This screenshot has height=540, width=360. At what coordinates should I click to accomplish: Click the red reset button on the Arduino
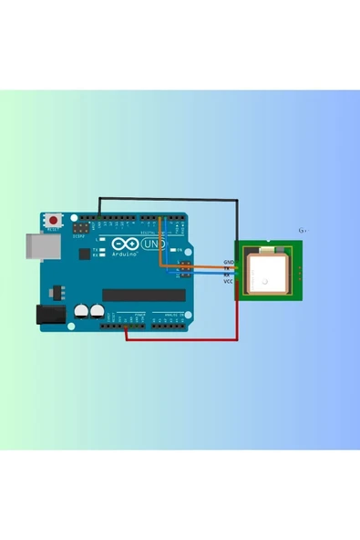coord(56,220)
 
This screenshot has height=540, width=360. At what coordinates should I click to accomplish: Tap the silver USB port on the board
coord(36,244)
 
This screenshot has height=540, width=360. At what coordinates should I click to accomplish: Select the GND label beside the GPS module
coord(228,262)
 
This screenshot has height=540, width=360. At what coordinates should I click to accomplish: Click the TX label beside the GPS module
coord(228,268)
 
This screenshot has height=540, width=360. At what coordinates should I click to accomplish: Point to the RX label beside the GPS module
coord(228,275)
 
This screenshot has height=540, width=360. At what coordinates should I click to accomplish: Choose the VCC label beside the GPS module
coord(228,281)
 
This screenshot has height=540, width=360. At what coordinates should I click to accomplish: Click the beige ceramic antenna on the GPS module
coord(268,272)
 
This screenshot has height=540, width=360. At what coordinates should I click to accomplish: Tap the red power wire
coord(182,339)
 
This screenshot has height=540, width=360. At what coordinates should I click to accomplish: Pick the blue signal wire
coord(210,273)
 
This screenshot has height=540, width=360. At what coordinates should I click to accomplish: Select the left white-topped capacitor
coord(81,310)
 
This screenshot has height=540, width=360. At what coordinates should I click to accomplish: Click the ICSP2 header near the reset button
coord(82,223)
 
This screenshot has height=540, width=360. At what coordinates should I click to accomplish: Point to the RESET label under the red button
coord(56,231)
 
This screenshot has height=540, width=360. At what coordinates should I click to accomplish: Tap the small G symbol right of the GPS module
coord(303,230)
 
